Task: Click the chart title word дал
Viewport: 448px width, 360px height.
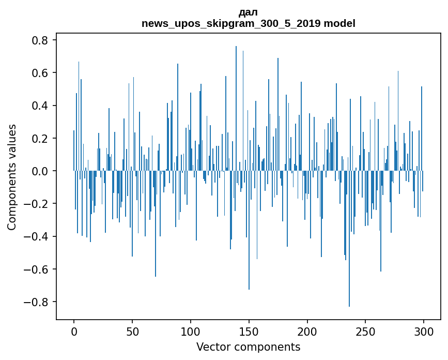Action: coord(248,12)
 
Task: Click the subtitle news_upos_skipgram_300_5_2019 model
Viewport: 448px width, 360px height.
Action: coord(248,23)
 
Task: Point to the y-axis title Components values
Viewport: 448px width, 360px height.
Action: coord(11,177)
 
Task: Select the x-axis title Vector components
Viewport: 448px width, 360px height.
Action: coord(248,347)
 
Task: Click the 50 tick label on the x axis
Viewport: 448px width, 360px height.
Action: coord(132,331)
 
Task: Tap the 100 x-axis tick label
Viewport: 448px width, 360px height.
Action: coord(191,331)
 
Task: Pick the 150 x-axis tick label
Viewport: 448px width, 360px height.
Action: coord(249,331)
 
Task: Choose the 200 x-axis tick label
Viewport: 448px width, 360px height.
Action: coord(307,331)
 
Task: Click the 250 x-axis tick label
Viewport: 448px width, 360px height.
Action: coord(366,331)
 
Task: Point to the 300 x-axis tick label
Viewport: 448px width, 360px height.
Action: coord(424,331)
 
